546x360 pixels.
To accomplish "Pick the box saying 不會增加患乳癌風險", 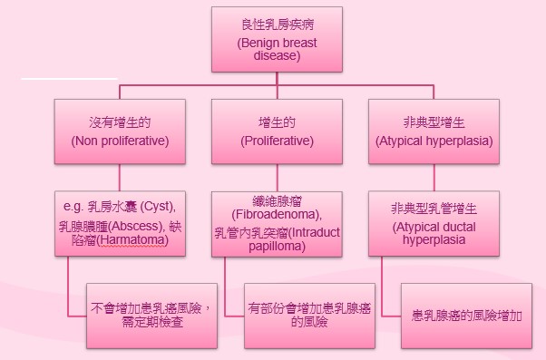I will [x=151, y=314].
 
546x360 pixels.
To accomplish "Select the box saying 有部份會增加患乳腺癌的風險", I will [x=309, y=314].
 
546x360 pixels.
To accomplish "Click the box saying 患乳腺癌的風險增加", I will [x=467, y=314].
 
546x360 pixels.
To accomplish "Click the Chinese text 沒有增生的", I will [x=120, y=121].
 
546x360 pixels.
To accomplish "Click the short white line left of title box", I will [x=57, y=80].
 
